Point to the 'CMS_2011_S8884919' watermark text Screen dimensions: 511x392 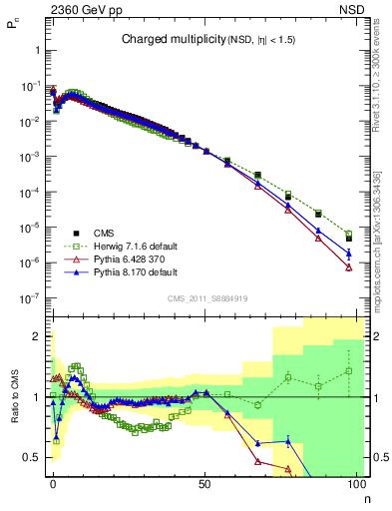click(x=207, y=297)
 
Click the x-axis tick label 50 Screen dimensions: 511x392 click(x=204, y=483)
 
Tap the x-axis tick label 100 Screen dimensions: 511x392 click(x=356, y=483)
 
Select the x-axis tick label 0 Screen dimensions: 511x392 click(x=53, y=483)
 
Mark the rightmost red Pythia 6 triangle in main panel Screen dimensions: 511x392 click(x=348, y=267)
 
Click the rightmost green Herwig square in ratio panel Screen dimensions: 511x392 click(x=348, y=371)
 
